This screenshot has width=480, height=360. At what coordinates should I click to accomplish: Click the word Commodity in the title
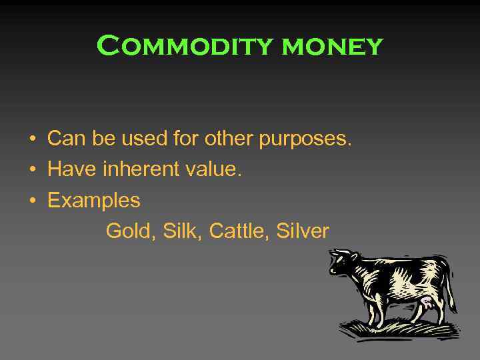185,46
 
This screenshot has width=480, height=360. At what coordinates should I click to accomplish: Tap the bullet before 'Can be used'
32,140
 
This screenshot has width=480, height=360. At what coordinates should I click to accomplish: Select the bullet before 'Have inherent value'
32,171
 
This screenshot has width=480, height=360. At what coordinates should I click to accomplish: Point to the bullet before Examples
32,201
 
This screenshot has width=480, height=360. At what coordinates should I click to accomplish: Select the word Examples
94,201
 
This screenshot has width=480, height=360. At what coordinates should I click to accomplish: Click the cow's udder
425,303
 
